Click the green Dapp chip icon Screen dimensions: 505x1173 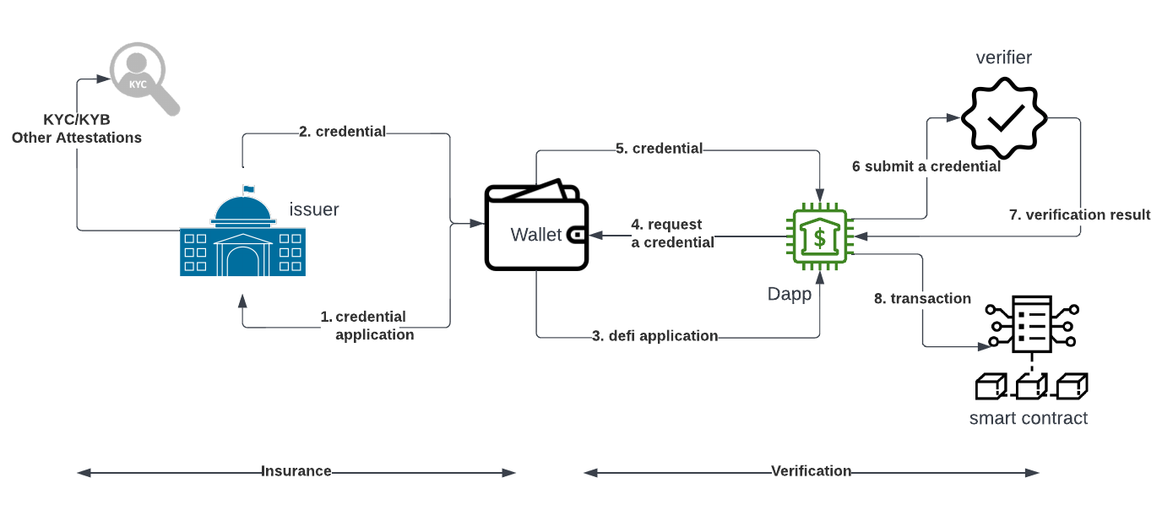(x=819, y=236)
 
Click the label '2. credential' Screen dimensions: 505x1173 (x=342, y=132)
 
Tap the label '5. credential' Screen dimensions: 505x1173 (x=659, y=149)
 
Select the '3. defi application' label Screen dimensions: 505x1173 (x=654, y=336)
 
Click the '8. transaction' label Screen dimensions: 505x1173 (x=922, y=298)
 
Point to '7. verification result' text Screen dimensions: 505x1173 (x=1079, y=214)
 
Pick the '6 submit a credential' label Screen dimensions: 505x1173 (x=926, y=166)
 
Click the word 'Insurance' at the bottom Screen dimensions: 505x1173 (x=296, y=471)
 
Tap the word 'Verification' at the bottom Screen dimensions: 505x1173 (x=812, y=471)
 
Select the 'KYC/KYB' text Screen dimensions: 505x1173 (x=77, y=120)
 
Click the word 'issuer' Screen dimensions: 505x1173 (x=314, y=209)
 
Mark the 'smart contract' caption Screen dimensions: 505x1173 (x=1029, y=418)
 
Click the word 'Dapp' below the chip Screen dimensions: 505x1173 (x=790, y=294)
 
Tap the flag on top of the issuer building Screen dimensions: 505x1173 (x=248, y=189)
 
